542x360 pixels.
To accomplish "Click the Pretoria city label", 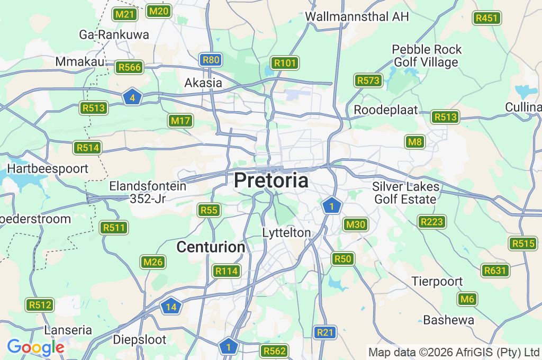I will (x=271, y=181).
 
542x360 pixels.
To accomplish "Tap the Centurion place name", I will (x=211, y=247).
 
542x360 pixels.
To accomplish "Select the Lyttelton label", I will (x=286, y=233).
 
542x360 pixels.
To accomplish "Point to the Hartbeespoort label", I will (x=48, y=169).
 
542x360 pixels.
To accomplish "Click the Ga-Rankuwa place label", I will (x=114, y=35).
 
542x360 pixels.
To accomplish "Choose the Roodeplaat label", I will (x=386, y=110).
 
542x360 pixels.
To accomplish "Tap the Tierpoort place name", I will (x=437, y=281).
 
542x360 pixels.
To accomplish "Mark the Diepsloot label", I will (x=140, y=339).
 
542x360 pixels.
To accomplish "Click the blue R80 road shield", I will (x=211, y=60).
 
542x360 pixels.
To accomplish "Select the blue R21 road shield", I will (x=325, y=332).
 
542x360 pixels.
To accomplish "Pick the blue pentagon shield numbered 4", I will (x=132, y=97).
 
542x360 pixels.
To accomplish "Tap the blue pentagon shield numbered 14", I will (x=171, y=307).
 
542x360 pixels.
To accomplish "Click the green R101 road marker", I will (x=285, y=64).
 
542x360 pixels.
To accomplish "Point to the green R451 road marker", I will (x=487, y=18).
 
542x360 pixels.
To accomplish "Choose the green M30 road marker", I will (x=355, y=224).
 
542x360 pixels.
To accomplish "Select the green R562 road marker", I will (x=275, y=350).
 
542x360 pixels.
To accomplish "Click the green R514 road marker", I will (x=87, y=148).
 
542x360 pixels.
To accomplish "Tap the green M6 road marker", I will (x=467, y=299).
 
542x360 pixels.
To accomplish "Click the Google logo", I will (x=35, y=347).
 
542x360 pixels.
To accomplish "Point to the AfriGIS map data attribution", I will (x=454, y=352).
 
